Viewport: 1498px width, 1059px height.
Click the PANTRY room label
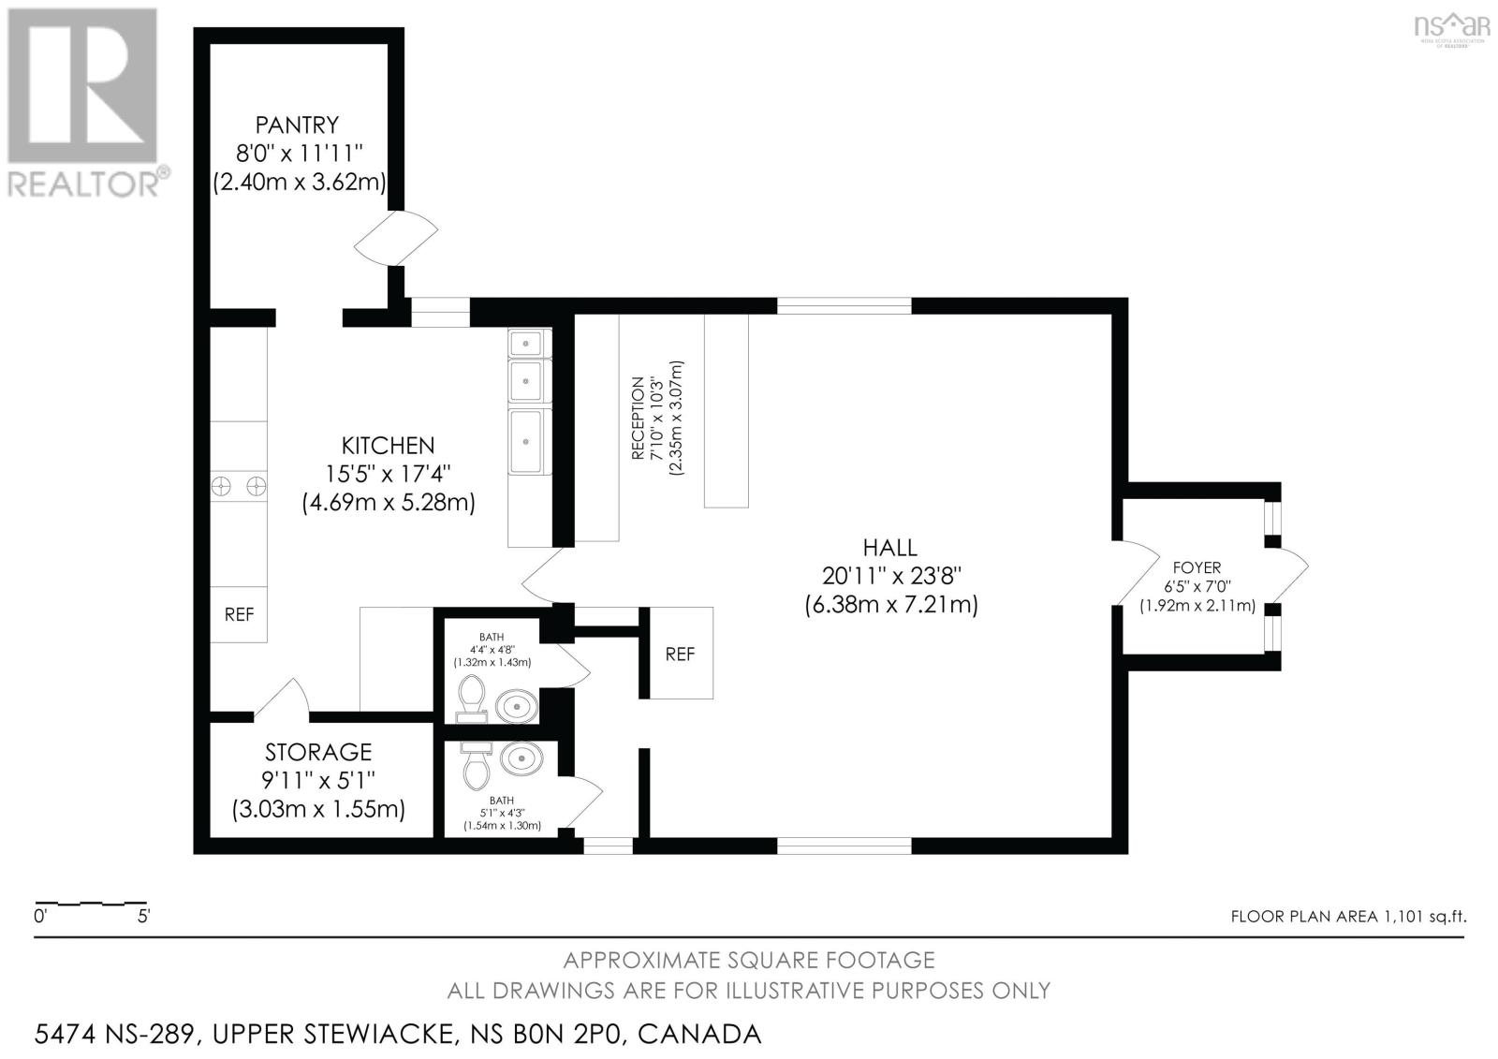tap(297, 125)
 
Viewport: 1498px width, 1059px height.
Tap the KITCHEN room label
tap(388, 446)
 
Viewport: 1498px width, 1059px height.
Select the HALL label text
tap(890, 548)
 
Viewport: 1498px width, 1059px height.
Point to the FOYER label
tap(1197, 568)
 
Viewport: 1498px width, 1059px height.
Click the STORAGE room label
tap(318, 753)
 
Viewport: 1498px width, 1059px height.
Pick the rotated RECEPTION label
tap(638, 419)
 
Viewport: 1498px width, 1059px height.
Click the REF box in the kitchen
tap(239, 615)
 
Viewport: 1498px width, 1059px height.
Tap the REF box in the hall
tap(680, 654)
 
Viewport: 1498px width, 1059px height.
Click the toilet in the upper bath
tap(472, 699)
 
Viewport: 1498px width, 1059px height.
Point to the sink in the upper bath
tap(516, 706)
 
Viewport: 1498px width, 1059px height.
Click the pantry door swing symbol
tap(396, 238)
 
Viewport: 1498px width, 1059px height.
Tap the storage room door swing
tap(282, 699)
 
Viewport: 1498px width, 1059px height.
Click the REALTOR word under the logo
tap(83, 184)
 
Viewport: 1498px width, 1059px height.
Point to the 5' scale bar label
tap(144, 916)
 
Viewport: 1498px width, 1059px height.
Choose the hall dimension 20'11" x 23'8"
tap(891, 575)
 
